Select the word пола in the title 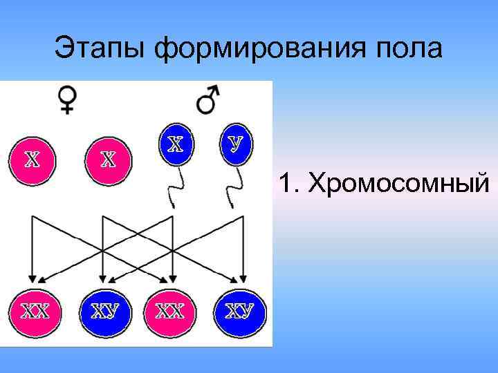pyautogui.click(x=408, y=48)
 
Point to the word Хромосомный pyautogui.click(x=399, y=183)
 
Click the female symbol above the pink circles pyautogui.click(x=68, y=100)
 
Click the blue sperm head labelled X pyautogui.click(x=176, y=144)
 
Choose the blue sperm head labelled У pyautogui.click(x=236, y=144)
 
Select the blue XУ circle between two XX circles pyautogui.click(x=104, y=312)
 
